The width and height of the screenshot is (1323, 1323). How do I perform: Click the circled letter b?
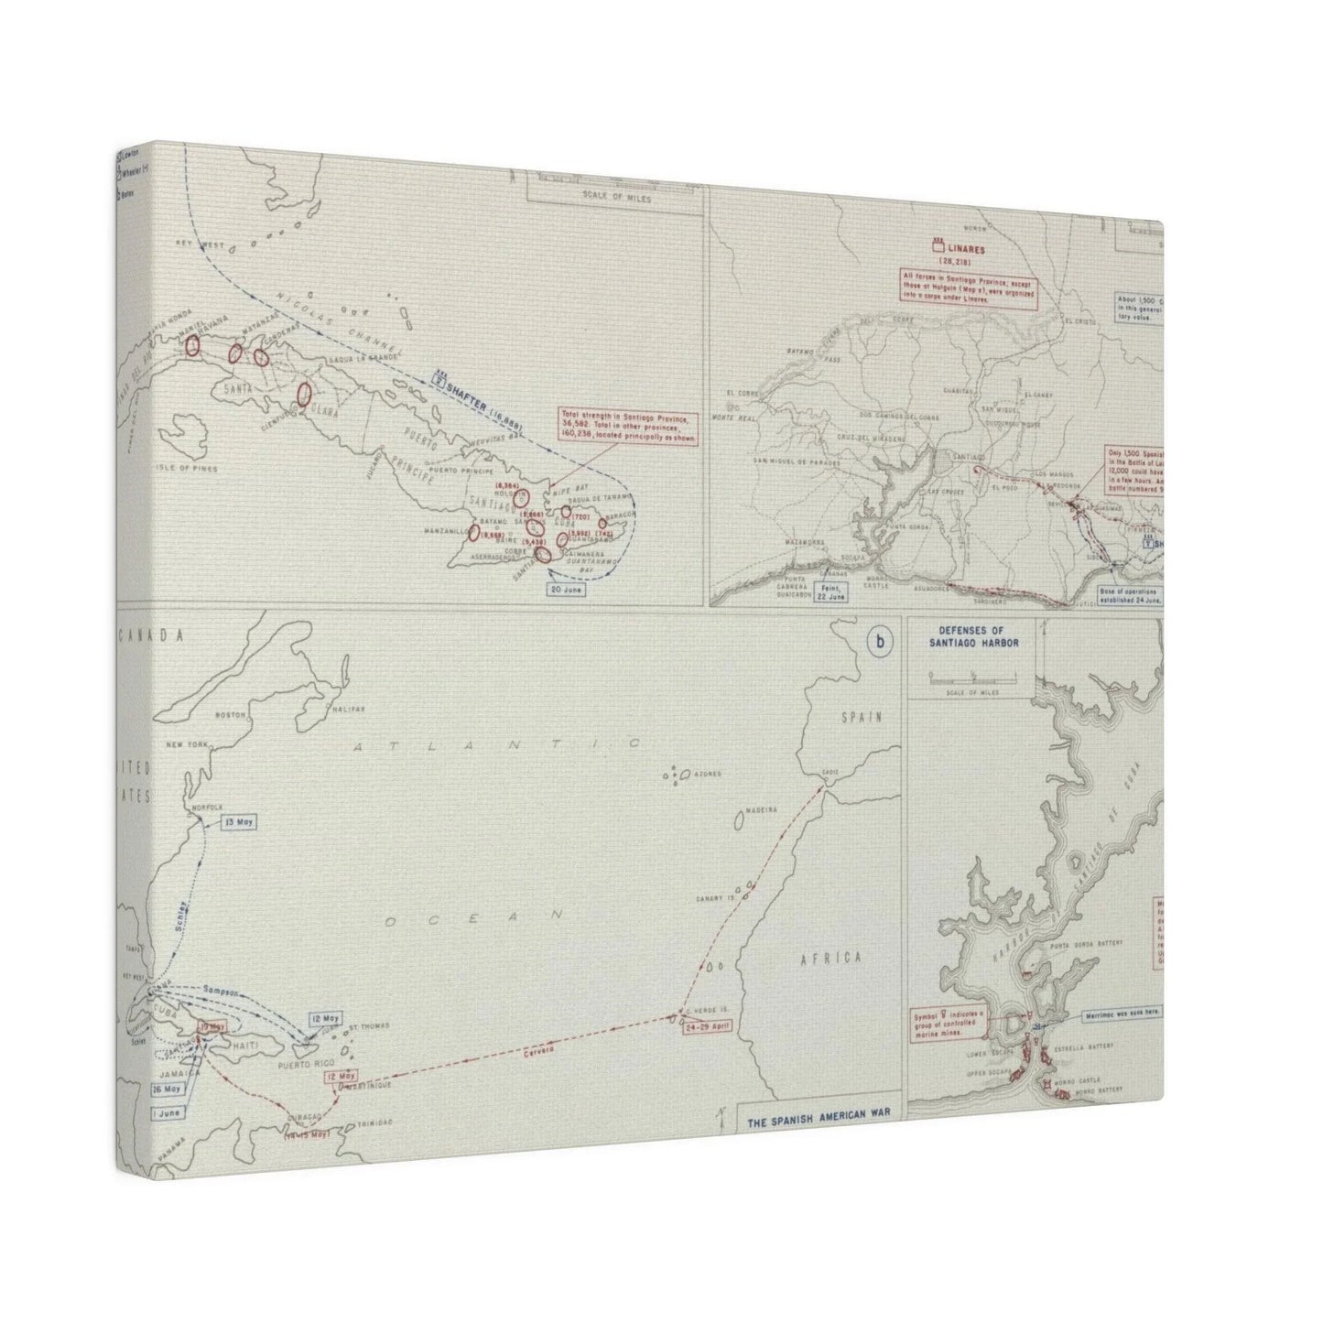880,643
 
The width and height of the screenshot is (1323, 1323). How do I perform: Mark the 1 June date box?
168,1112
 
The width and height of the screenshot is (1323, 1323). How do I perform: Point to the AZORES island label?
708,774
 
